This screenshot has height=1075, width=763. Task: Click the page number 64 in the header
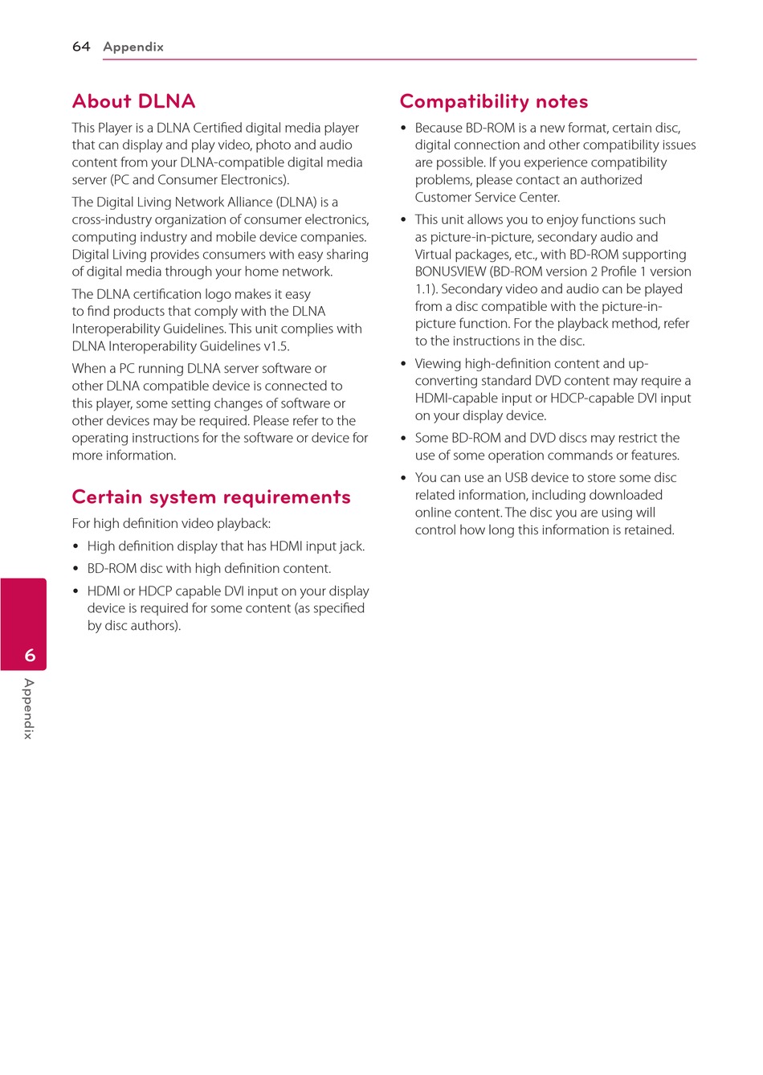81,47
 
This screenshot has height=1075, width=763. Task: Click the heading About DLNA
133,101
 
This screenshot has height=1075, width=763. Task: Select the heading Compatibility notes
494,101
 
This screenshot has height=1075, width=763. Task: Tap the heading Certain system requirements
211,497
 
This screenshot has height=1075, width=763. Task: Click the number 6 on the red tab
30,656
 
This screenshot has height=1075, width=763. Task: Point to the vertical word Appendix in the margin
29,709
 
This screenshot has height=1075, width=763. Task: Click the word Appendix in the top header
133,47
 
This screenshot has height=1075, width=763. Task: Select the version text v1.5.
276,346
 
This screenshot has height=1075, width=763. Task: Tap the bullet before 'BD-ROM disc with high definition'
76,569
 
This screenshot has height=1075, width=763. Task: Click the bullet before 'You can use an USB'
404,478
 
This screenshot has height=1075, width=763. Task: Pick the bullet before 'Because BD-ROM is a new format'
404,129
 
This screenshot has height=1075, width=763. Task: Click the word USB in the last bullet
516,478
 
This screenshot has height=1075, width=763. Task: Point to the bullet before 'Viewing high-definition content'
404,364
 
